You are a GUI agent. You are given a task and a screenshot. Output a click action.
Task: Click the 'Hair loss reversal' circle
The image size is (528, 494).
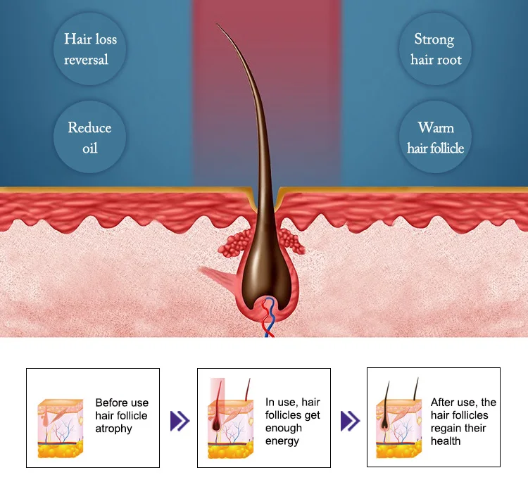click(90, 49)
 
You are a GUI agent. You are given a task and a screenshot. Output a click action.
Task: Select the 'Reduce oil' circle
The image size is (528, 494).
click(90, 138)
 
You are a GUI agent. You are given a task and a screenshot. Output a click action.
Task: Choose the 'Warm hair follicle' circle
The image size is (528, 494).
click(435, 138)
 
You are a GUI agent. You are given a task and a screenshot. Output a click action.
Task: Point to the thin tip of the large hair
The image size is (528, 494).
click(219, 27)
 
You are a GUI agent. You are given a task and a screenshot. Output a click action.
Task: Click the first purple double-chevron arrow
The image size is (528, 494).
click(180, 422)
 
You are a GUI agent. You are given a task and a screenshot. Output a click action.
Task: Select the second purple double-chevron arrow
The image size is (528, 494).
click(350, 422)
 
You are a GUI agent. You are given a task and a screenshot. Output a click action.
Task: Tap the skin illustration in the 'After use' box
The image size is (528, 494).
click(399, 422)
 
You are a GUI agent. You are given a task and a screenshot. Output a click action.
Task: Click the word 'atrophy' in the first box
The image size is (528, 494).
click(114, 429)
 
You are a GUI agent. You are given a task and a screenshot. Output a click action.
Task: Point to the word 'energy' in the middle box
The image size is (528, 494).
click(282, 441)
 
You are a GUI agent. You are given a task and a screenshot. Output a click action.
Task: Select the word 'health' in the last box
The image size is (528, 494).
click(446, 441)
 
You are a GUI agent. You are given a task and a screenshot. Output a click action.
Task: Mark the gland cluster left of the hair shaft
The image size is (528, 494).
click(239, 243)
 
